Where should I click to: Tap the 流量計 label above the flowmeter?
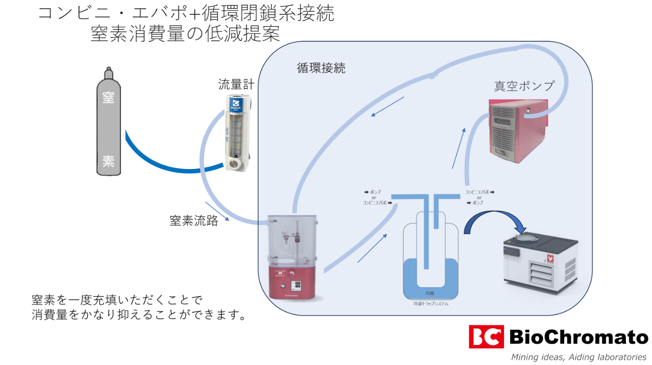pyautogui.click(x=236, y=85)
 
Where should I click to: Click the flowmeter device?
pyautogui.click(x=236, y=133)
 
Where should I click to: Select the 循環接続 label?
pyautogui.click(x=321, y=68)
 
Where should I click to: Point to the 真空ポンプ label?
pyautogui.click(x=524, y=86)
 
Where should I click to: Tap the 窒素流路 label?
pyautogui.click(x=194, y=221)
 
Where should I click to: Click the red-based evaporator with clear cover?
pyautogui.click(x=292, y=256)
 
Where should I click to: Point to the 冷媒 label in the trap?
pyautogui.click(x=430, y=294)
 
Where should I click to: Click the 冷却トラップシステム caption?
pyautogui.click(x=430, y=304)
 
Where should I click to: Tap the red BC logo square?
pyautogui.click(x=485, y=337)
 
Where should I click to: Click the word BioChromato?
pyautogui.click(x=578, y=337)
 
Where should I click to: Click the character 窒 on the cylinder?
pyautogui.click(x=108, y=98)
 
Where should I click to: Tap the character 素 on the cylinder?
pyautogui.click(x=108, y=161)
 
